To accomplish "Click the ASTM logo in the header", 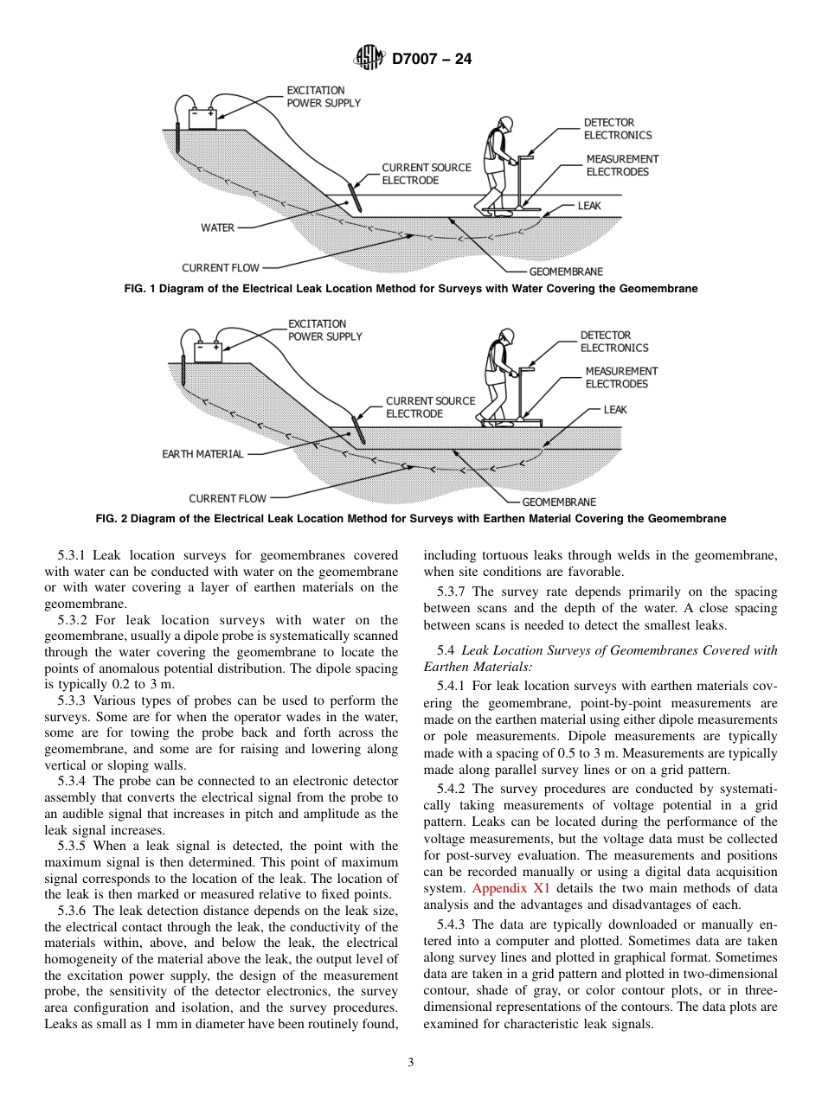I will (x=369, y=59).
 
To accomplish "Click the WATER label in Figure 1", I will (x=217, y=228).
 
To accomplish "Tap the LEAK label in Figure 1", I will (x=589, y=206).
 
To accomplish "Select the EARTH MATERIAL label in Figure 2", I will (x=202, y=454).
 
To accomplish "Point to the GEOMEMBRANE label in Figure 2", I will (x=558, y=502).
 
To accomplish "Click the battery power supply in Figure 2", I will (x=208, y=351).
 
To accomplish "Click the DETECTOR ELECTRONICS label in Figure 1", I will (x=617, y=129).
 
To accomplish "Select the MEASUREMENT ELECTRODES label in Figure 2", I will (x=620, y=377).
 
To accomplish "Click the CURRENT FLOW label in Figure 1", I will (x=220, y=268).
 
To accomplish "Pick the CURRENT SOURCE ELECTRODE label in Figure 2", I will (x=430, y=407).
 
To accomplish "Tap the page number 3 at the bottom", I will (x=411, y=1062).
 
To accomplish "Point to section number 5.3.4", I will (x=74, y=781).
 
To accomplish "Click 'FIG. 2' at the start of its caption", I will (x=111, y=519).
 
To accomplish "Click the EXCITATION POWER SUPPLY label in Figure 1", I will (x=324, y=96).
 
